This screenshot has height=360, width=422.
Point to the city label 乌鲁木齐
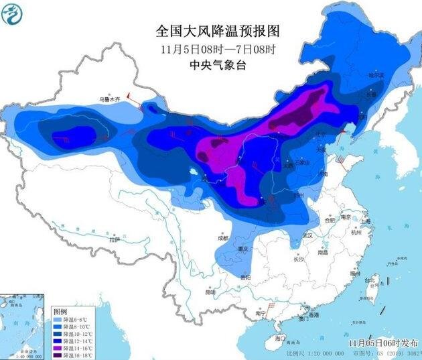tap(111, 99)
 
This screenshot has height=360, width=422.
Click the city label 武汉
tap(307, 236)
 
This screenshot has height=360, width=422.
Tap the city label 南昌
tap(323, 253)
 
